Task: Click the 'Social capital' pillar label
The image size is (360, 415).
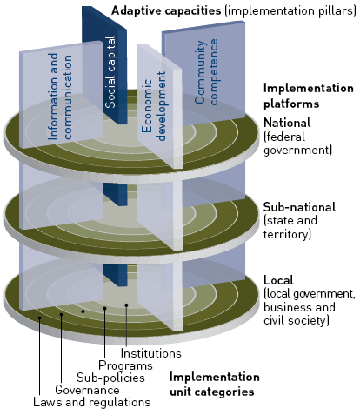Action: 110,72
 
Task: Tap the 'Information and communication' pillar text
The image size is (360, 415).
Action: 60,97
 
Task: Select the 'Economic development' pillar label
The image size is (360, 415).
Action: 154,106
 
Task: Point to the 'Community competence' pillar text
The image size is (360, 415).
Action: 206,72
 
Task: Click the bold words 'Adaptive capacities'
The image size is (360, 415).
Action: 166,10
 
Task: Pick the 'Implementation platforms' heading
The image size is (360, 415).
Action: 309,96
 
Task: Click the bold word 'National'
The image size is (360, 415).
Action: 287,123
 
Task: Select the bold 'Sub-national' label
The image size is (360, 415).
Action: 299,207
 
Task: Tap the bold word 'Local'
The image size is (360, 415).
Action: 278,280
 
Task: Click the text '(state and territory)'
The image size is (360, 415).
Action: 290,227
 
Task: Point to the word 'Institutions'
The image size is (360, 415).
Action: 150,353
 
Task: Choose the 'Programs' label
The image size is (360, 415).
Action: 125,365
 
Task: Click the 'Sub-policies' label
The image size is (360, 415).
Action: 110,378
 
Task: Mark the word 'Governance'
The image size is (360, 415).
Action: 87,390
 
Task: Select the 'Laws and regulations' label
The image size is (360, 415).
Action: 92,402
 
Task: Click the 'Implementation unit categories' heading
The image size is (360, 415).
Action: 215,385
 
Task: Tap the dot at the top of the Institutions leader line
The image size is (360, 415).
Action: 126,305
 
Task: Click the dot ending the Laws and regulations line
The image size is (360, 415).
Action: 39,318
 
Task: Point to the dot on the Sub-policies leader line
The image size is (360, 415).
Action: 83,311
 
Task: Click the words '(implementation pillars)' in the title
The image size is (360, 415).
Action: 290,10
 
